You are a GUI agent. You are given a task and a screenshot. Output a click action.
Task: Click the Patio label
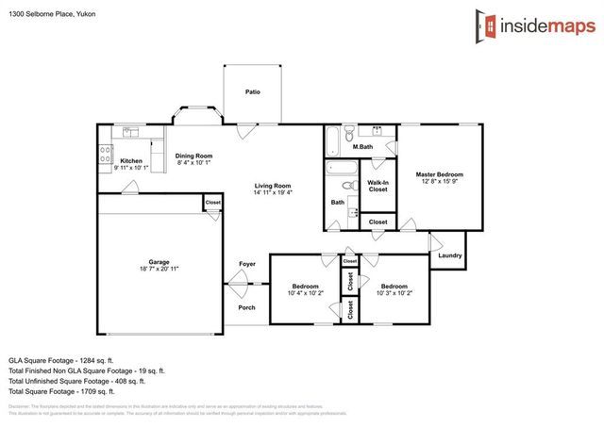tap(252, 92)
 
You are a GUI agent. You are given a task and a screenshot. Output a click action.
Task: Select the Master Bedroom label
tap(440, 174)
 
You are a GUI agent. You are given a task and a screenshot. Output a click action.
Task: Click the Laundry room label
tap(450, 255)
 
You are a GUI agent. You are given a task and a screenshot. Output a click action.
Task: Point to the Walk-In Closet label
tap(377, 186)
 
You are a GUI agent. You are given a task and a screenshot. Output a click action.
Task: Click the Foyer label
tap(247, 264)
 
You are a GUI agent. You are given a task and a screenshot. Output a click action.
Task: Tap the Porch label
tap(246, 307)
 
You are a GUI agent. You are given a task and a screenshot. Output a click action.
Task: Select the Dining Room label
tap(194, 156)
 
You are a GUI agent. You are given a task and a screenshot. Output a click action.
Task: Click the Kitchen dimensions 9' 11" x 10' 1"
tap(131, 169)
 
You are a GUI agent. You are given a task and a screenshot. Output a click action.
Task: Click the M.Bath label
tap(361, 147)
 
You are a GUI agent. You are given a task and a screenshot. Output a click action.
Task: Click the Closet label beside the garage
tap(212, 202)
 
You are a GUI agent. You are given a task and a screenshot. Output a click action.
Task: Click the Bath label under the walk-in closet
tap(337, 202)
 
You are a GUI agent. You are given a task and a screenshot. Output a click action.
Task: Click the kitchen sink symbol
tap(131, 133)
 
